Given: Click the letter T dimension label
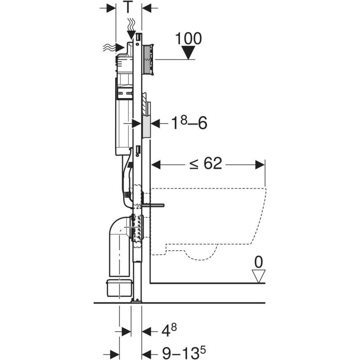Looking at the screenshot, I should pos(129,7).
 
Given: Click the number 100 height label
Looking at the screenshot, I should pos(188,38).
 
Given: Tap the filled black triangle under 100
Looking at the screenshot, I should pos(188,53).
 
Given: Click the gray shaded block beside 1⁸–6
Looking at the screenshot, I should pos(146,126).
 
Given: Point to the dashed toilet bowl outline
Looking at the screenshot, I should pos(211,220).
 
